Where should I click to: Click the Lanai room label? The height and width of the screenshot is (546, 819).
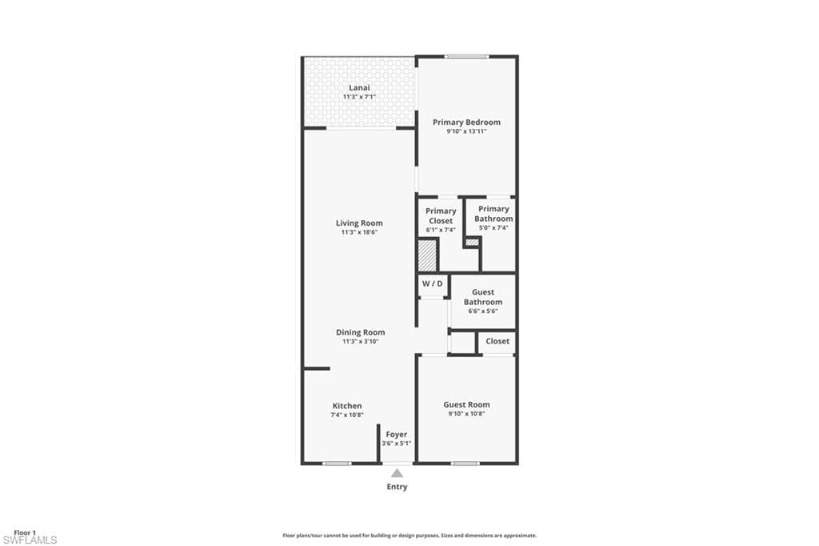tap(359, 88)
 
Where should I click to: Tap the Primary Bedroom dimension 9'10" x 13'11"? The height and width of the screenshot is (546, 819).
tap(466, 131)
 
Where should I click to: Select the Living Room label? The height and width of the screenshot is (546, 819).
tap(359, 223)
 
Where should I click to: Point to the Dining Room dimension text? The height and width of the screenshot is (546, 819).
tap(361, 342)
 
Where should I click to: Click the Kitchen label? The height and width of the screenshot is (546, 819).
tap(347, 406)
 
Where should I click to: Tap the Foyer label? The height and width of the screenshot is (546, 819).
tap(397, 435)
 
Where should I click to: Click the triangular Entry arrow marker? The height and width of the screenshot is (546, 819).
tap(397, 473)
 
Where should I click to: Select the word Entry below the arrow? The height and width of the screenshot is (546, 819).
tap(397, 487)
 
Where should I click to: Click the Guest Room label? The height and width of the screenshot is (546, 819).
tap(466, 404)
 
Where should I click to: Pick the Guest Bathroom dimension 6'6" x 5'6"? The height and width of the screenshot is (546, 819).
tap(483, 311)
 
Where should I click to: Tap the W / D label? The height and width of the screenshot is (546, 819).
tap(433, 284)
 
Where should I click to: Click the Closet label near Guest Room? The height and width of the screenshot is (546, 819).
tap(497, 341)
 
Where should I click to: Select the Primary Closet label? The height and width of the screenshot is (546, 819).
tap(441, 216)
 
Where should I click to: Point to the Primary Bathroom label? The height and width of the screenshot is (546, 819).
tap(493, 214)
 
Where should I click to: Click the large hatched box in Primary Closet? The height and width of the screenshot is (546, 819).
tap(427, 255)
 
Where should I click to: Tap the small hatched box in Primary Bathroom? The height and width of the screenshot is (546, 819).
tap(472, 242)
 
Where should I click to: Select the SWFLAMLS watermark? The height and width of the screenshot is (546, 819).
tap(30, 540)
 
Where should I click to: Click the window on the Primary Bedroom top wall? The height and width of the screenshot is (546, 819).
tap(466, 57)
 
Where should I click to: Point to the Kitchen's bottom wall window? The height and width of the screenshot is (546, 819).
tap(337, 464)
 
